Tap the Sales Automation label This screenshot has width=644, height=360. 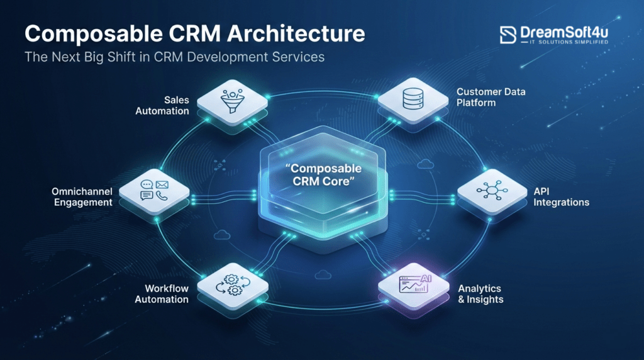(x=169, y=106)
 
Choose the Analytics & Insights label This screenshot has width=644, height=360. (x=480, y=293)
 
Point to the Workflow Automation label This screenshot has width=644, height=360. (x=162, y=293)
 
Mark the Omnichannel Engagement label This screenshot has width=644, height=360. (x=83, y=196)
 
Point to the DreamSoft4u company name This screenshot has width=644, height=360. (x=564, y=31)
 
